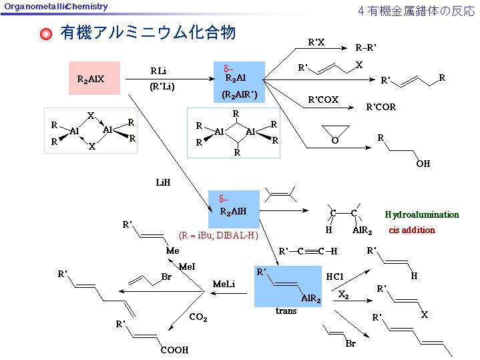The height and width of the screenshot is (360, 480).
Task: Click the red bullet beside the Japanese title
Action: tap(45, 34)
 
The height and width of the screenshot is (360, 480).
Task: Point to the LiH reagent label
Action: tap(164, 182)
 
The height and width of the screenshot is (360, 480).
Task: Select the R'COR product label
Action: tap(381, 107)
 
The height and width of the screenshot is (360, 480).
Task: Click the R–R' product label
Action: tap(366, 47)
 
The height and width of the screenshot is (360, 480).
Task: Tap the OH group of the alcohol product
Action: tap(423, 164)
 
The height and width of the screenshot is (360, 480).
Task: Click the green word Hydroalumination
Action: tap(422, 214)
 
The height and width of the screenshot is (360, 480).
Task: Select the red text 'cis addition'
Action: tap(411, 230)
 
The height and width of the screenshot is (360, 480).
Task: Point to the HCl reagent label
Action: tap(334, 276)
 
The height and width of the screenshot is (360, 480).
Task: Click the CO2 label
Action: tap(198, 318)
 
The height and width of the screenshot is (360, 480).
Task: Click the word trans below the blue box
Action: tap(286, 311)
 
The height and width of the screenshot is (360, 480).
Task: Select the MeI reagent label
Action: tap(187, 266)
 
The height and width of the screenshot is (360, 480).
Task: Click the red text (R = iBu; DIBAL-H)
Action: tap(218, 235)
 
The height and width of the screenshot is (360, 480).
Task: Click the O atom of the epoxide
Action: tap(335, 140)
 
